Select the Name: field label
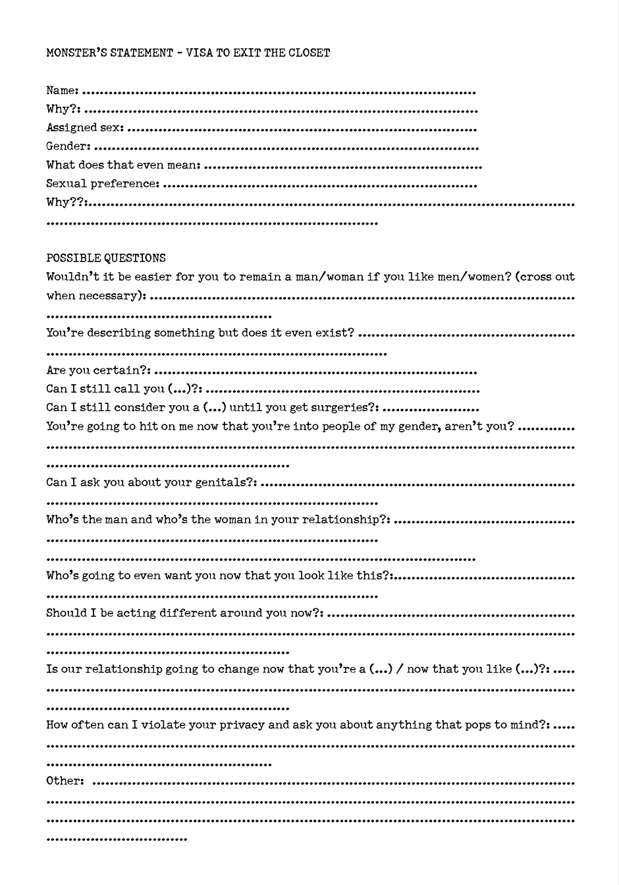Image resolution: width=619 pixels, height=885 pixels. click(63, 90)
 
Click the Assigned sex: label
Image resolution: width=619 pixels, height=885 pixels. click(85, 128)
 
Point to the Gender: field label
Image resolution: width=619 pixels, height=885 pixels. click(68, 146)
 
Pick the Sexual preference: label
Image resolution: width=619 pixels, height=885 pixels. click(103, 184)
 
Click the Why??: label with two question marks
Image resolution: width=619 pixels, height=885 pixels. click(67, 202)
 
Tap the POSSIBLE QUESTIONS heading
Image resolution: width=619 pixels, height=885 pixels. click(106, 258)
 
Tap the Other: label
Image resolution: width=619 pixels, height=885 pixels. click(65, 781)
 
